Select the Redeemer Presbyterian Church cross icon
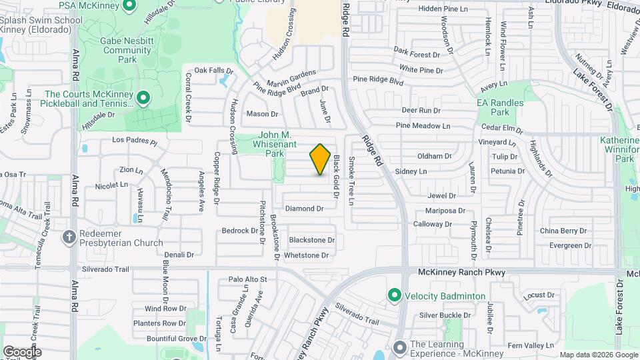click(x=69, y=237)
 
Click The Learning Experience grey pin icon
click(x=399, y=348)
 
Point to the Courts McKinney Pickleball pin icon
click(x=143, y=99)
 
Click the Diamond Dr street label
click(x=304, y=209)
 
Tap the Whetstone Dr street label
click(x=307, y=255)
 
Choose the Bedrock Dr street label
click(x=240, y=231)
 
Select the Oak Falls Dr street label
click(x=213, y=70)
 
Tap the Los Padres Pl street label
click(x=134, y=141)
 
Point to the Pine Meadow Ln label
click(x=423, y=125)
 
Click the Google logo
click(x=22, y=351)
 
